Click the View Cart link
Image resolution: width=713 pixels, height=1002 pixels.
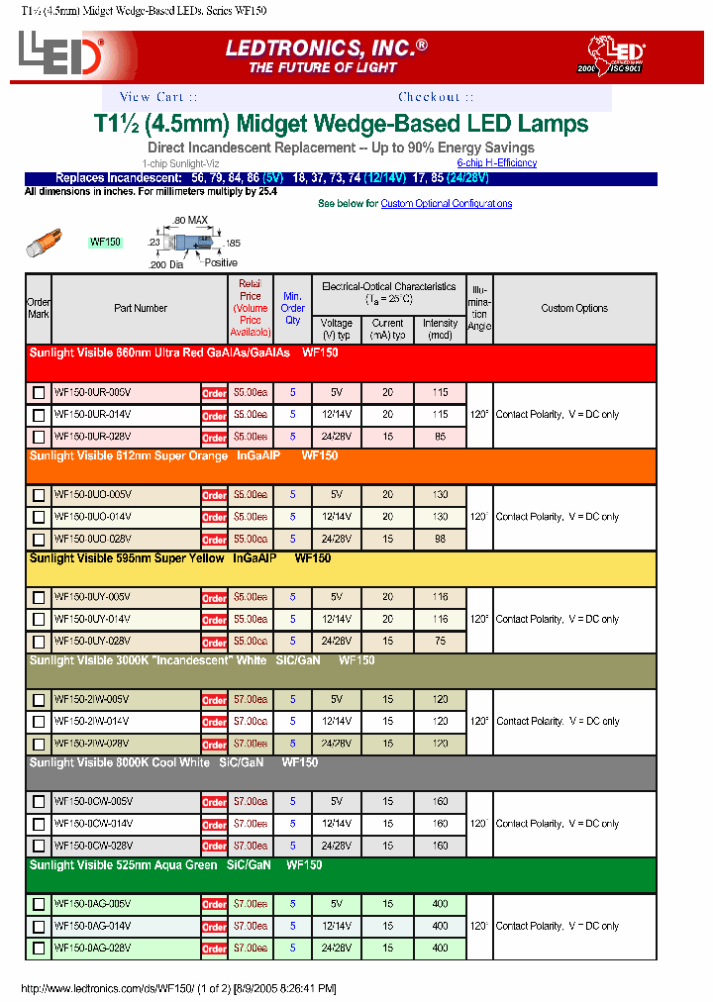[157, 97]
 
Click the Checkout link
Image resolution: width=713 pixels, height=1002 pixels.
[436, 97]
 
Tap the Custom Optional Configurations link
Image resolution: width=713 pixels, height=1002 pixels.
[447, 204]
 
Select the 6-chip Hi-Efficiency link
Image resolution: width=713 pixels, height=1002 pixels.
[496, 162]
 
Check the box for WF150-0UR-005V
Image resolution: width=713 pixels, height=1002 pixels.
[39, 393]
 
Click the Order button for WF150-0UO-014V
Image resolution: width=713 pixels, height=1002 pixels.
[214, 518]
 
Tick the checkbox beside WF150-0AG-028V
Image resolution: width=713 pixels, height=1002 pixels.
[39, 949]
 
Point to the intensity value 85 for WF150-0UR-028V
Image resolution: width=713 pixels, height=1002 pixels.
[440, 437]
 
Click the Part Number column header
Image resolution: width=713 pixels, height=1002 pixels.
[141, 309]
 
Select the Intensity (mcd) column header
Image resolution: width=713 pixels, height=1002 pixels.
[440, 329]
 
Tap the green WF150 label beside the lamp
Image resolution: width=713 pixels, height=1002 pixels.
[105, 243]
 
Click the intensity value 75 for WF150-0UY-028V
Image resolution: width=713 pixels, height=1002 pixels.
[440, 642]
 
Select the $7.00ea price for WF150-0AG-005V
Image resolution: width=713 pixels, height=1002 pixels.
[251, 905]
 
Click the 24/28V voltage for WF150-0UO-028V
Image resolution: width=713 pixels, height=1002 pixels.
[337, 540]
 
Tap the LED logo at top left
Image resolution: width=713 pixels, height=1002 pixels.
[60, 56]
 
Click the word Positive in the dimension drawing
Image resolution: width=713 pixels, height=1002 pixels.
[221, 262]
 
